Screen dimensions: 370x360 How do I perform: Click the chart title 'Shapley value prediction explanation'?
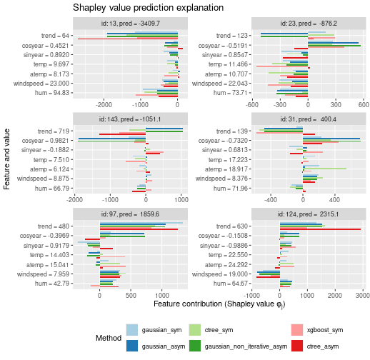point(148,8)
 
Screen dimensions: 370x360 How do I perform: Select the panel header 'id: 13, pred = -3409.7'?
point(130,24)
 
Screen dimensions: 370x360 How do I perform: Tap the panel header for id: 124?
point(309,214)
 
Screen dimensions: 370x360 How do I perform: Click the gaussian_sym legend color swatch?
point(132,330)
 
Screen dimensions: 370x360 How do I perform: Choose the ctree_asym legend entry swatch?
point(297,346)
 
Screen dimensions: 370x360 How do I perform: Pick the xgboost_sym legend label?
point(325,330)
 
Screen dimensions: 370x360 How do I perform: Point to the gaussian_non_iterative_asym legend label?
point(246,346)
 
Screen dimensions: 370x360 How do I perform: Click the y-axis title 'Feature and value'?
point(6,159)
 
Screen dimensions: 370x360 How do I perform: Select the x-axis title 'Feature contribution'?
point(219,304)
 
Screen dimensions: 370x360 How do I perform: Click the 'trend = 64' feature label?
point(55,36)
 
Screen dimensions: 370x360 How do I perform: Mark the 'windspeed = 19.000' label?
point(220,274)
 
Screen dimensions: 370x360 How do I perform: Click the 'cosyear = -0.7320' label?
point(223,141)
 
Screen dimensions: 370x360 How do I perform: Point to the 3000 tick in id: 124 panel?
point(363,296)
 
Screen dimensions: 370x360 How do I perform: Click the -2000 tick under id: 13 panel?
point(104,105)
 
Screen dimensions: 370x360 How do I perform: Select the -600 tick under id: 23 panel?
point(252,105)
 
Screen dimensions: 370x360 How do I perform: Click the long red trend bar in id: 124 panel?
point(320,229)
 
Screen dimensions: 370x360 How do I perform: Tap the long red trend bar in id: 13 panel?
point(128,39)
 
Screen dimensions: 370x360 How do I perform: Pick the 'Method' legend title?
point(109,338)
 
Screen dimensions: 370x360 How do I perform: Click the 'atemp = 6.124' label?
point(49,169)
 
